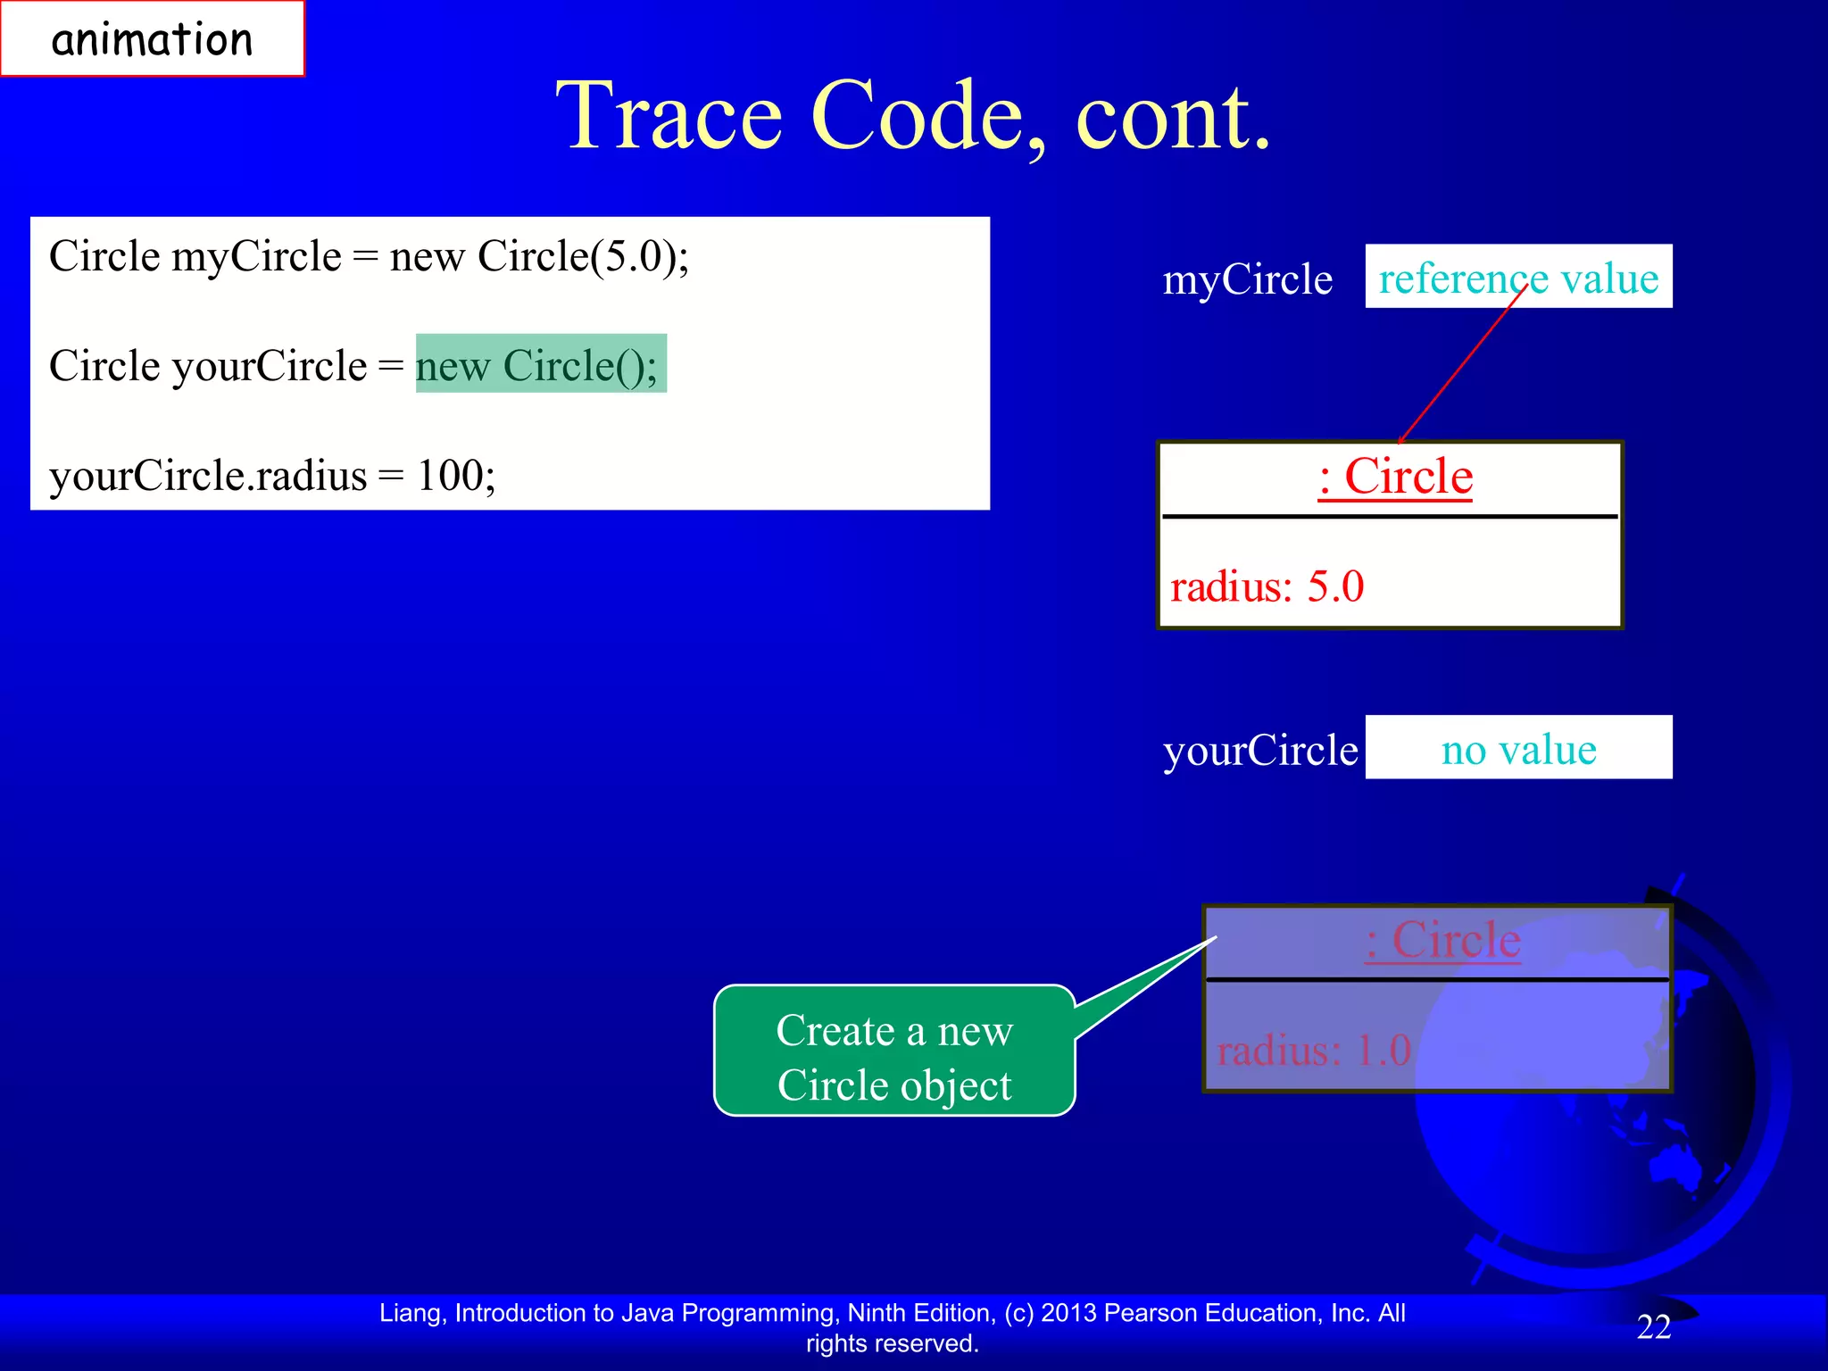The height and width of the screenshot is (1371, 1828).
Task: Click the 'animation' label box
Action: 152,39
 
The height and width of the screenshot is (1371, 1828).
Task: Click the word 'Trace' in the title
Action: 669,116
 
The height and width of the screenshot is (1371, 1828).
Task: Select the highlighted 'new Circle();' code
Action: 540,364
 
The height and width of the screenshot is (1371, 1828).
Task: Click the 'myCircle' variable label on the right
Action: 1247,279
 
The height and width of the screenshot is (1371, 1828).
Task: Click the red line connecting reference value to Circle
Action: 1463,365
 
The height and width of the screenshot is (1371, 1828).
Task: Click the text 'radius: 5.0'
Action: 1267,587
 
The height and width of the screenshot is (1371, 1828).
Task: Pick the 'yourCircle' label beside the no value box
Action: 1259,750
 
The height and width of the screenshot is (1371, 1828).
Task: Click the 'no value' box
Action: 1517,748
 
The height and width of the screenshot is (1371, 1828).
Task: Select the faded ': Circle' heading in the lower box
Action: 1442,941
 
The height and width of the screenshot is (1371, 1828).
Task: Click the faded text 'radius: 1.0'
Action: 1313,1051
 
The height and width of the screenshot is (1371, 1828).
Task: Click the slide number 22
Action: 1653,1327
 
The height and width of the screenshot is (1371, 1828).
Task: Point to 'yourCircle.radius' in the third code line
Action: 207,475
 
